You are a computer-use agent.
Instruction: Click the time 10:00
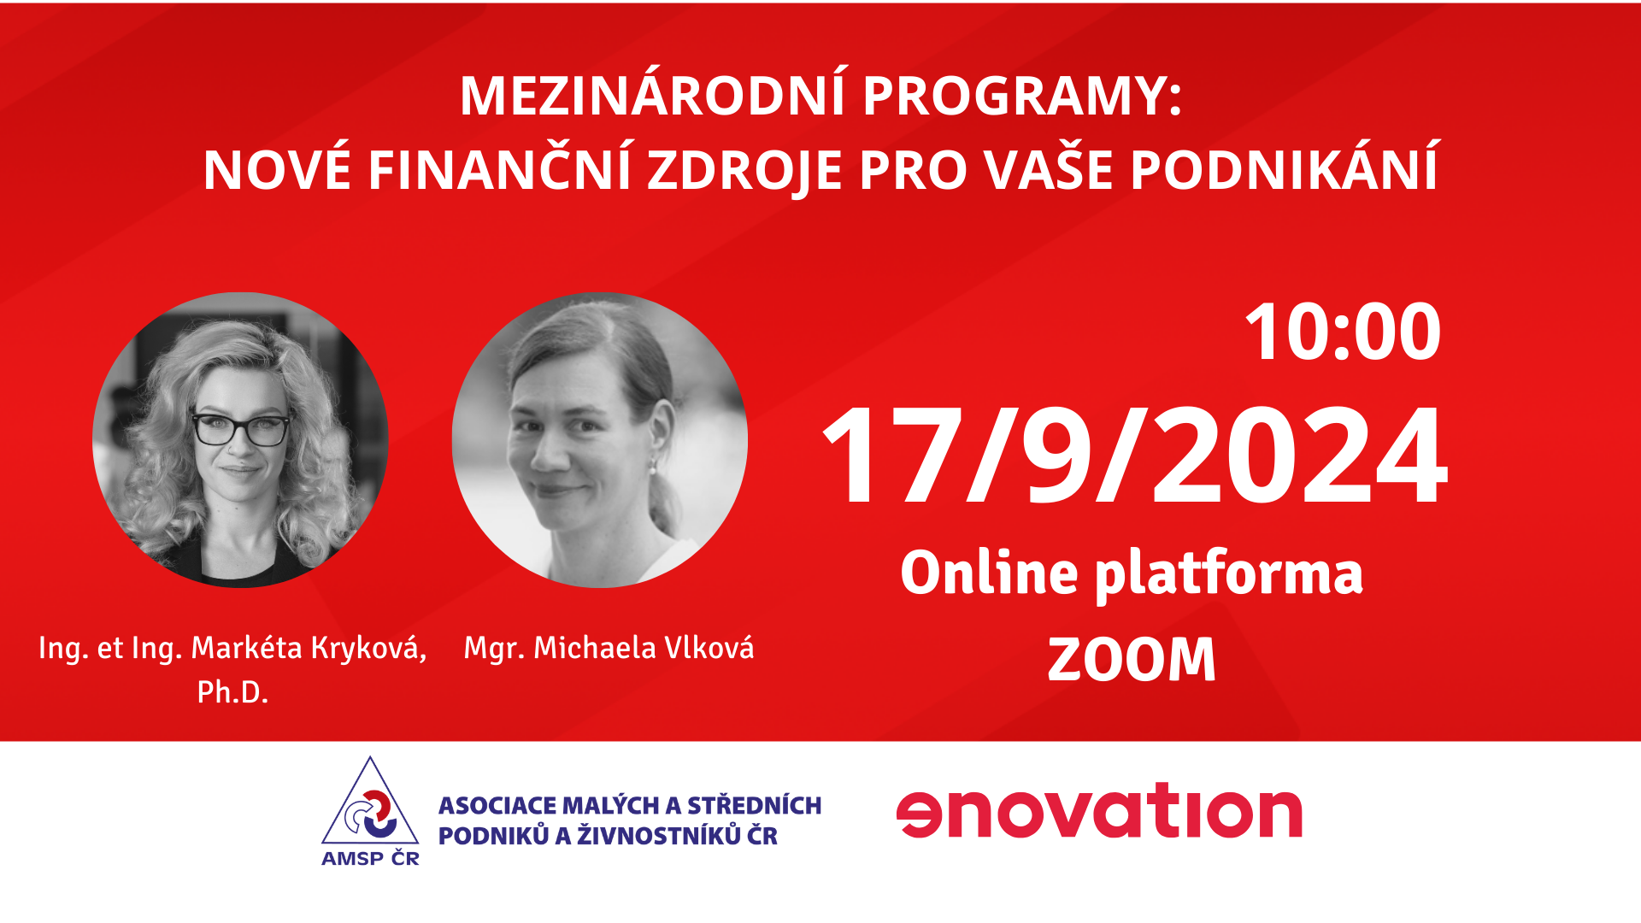[1343, 332]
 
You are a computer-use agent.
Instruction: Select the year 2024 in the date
[1300, 456]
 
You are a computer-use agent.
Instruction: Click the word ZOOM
[1132, 660]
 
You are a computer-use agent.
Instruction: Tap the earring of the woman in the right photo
[652, 467]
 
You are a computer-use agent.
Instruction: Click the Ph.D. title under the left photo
[232, 691]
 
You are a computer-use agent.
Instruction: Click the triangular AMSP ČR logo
[370, 812]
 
